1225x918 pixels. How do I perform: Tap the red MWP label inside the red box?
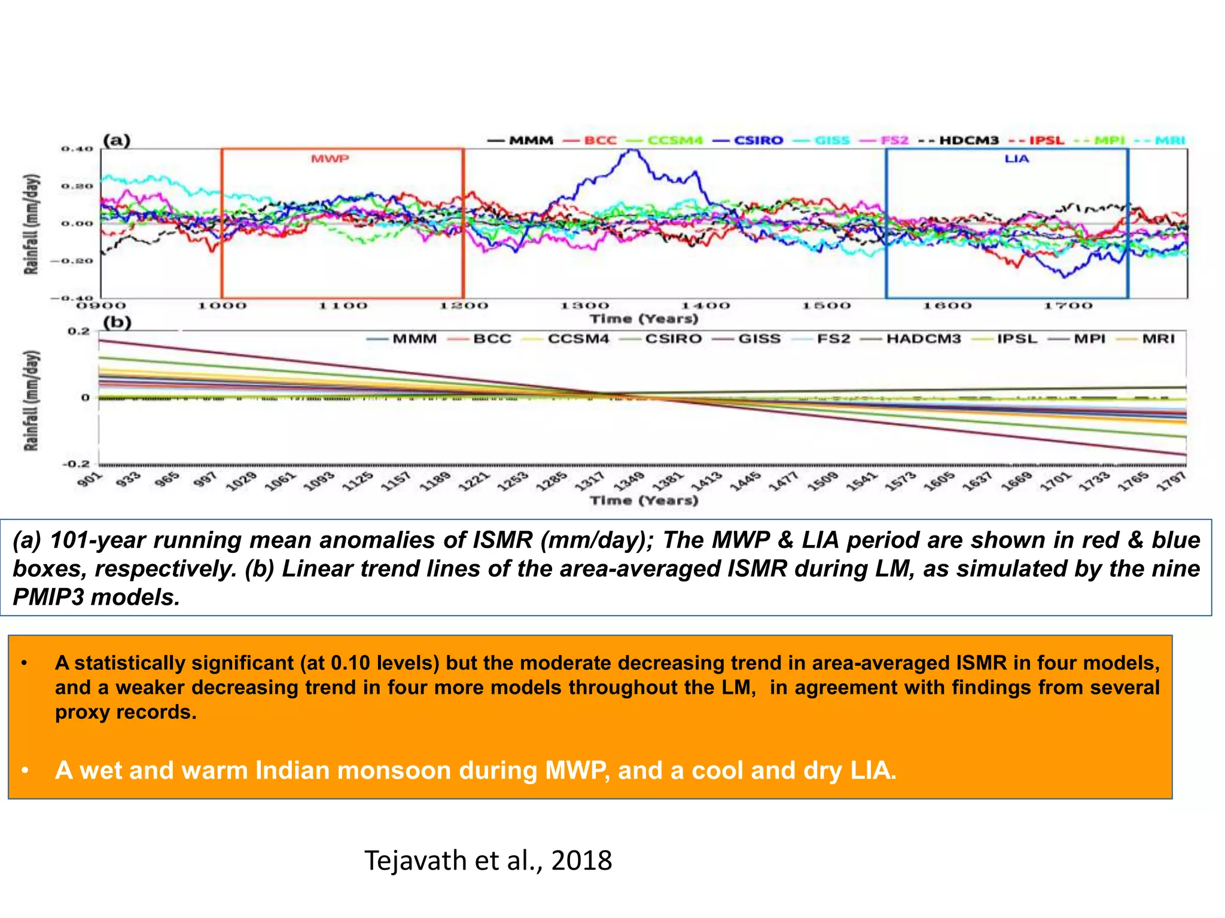click(330, 159)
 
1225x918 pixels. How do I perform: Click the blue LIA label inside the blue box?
click(1016, 159)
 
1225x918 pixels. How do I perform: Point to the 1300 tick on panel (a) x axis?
click(584, 306)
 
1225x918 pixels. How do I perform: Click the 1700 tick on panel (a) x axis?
click(1068, 306)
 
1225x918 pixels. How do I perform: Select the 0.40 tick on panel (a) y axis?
click(77, 149)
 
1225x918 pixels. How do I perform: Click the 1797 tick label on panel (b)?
click(1172, 482)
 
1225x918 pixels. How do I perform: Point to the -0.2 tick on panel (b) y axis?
click(76, 464)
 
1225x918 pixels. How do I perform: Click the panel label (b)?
click(117, 323)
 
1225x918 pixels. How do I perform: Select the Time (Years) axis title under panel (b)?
click(644, 500)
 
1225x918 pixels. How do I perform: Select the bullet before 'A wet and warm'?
click(25, 771)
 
